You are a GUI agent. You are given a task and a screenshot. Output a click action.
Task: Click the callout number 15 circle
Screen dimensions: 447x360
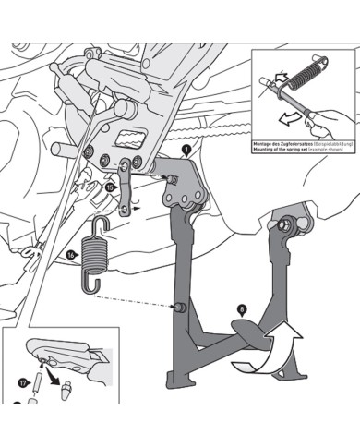pos(110,187)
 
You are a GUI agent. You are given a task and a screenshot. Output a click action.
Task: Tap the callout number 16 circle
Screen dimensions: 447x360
pos(72,252)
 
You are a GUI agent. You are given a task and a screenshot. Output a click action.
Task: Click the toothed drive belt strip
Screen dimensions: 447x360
pos(208,145)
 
